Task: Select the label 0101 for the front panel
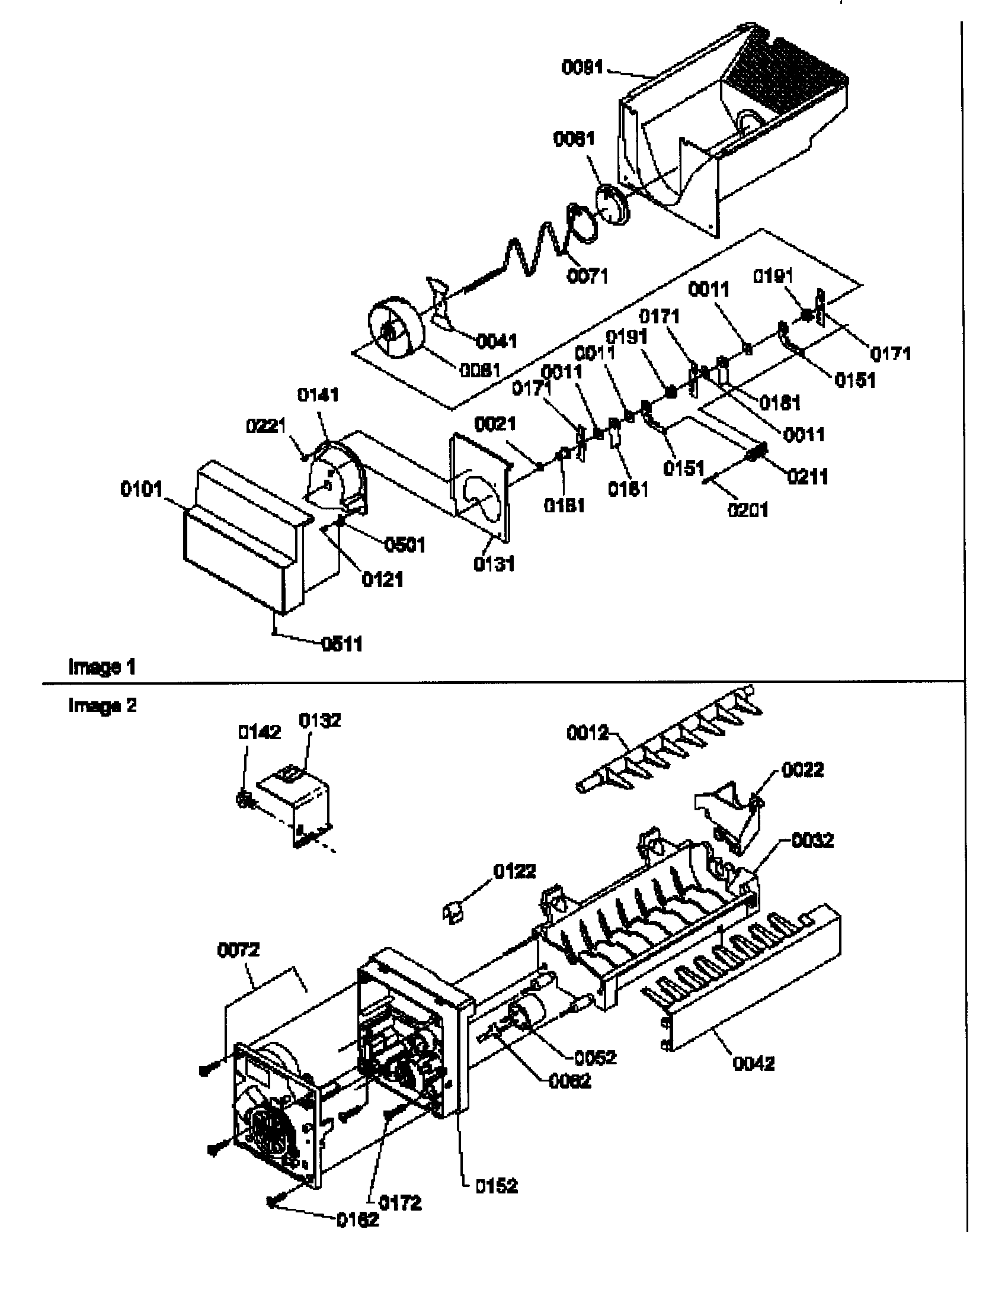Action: click(x=142, y=489)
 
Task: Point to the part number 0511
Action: click(x=342, y=644)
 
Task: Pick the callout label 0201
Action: click(x=748, y=509)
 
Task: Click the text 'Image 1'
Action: click(x=102, y=666)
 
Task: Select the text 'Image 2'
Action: click(x=102, y=705)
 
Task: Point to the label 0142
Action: click(x=260, y=732)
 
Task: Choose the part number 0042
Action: click(x=753, y=1063)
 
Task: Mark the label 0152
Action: click(x=497, y=1186)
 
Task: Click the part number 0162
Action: click(x=358, y=1219)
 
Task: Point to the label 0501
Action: click(x=405, y=544)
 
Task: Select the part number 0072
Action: click(x=238, y=949)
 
